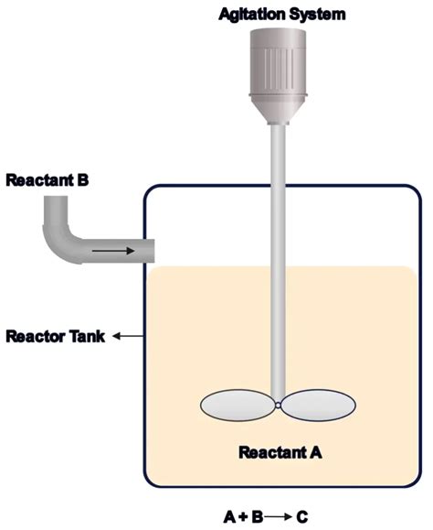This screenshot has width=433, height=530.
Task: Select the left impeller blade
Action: (x=238, y=405)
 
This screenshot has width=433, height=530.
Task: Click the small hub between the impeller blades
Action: (x=278, y=405)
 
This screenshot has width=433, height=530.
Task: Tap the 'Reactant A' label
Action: (x=280, y=451)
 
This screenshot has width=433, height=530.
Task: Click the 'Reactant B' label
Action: (x=48, y=179)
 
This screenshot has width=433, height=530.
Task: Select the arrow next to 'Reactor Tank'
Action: (x=127, y=336)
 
